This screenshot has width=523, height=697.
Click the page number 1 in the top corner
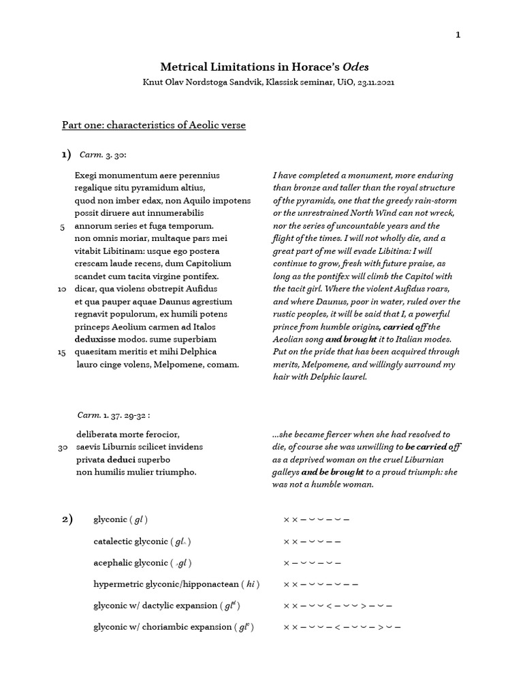click(458, 35)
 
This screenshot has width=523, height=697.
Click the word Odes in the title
click(360, 67)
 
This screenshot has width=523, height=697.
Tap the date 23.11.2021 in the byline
click(372, 82)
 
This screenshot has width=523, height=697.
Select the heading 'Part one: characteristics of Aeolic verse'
click(154, 125)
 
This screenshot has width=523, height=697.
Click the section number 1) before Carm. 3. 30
click(67, 155)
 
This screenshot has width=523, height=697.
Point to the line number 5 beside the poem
click(63, 226)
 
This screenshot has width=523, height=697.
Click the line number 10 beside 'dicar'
click(61, 289)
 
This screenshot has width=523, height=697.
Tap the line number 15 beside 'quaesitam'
click(61, 352)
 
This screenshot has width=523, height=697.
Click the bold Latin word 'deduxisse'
click(96, 339)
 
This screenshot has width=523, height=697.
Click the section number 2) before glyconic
click(67, 519)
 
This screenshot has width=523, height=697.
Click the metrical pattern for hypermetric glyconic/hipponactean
click(320, 584)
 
